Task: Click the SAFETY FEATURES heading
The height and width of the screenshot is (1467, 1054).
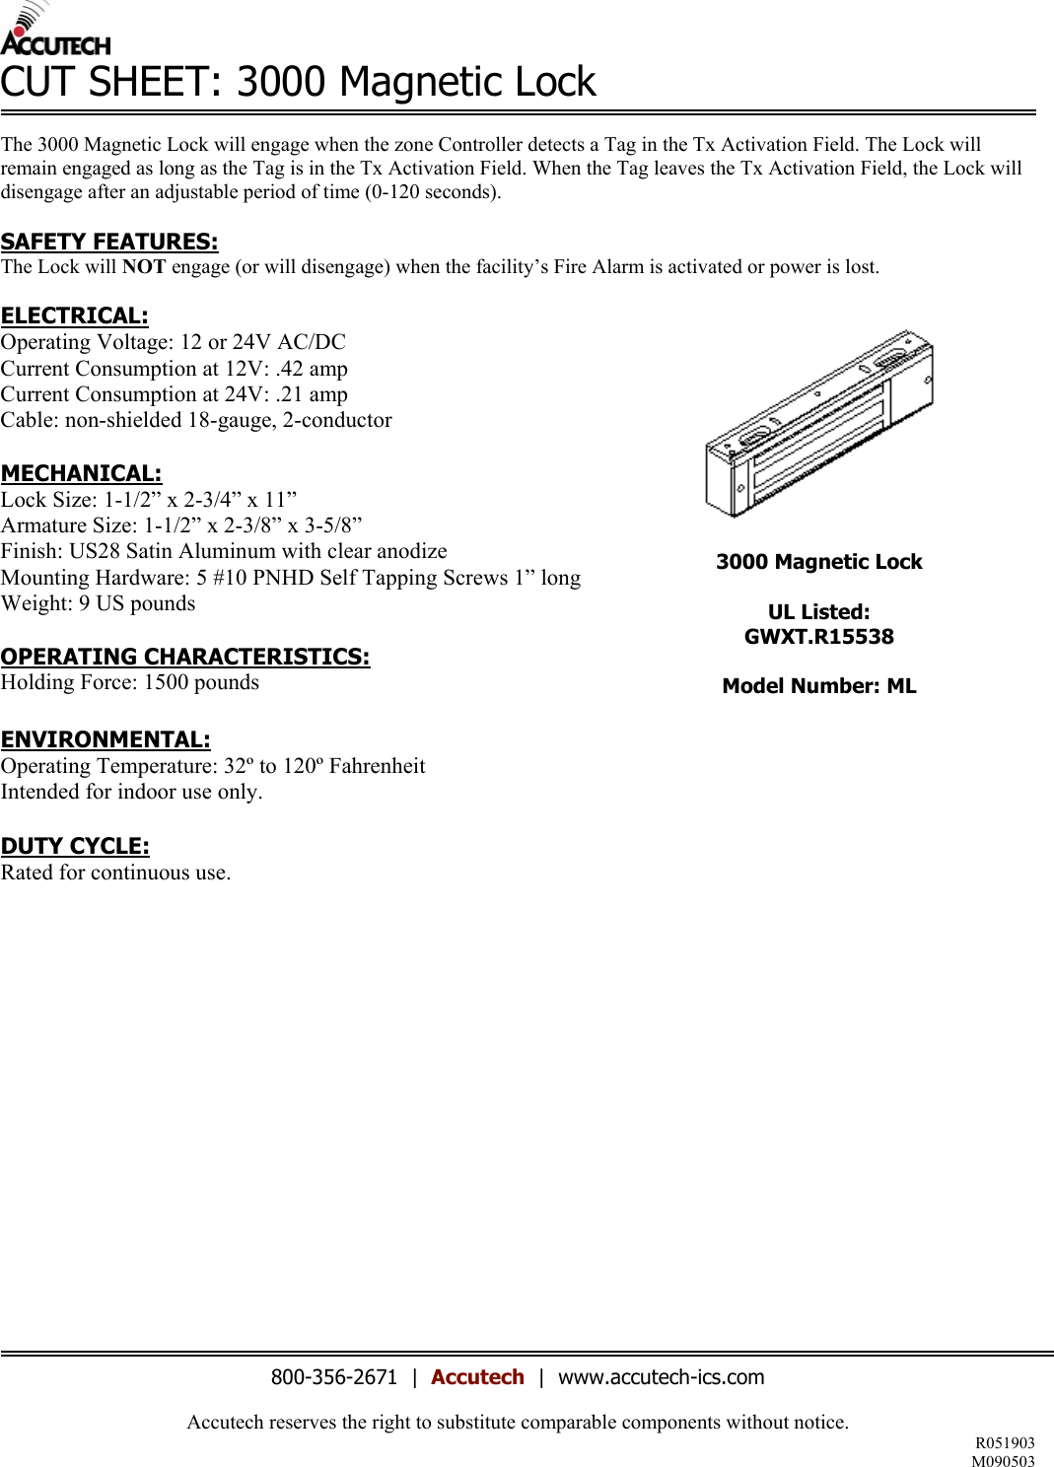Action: pos(108,242)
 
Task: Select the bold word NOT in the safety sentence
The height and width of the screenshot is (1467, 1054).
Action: pos(144,267)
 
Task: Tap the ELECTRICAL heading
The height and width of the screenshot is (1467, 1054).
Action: pos(74,315)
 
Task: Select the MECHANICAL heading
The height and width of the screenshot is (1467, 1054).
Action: pos(81,473)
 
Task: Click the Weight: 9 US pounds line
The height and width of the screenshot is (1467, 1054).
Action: pos(98,603)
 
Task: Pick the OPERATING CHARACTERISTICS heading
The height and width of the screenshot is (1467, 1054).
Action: pos(184,657)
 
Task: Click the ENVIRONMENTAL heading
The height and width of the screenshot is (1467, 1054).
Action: pos(105,739)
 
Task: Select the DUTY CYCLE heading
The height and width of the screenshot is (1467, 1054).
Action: pos(75,846)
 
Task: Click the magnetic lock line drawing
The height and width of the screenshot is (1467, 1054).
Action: pos(818,424)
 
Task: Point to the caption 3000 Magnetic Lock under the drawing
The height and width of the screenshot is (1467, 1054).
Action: pos(818,562)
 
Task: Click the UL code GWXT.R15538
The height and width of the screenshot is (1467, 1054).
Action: pos(818,637)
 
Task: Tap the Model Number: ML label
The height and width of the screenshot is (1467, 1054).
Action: pos(818,686)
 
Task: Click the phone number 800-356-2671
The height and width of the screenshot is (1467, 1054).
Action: pos(333,1377)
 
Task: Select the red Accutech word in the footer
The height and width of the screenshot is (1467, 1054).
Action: pos(477,1377)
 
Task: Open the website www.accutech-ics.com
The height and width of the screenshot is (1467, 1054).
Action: pos(661,1377)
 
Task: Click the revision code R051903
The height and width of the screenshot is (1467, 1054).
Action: pos(1005,1443)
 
